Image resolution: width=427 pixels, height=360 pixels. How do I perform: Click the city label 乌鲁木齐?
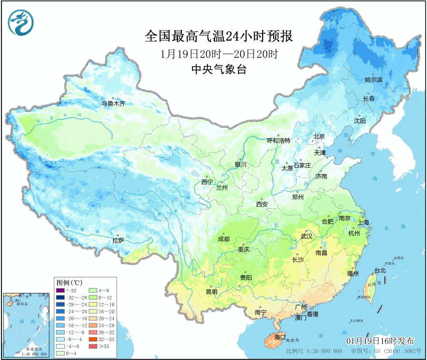coord(113,104)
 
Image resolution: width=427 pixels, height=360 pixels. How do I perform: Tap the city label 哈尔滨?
coord(373,80)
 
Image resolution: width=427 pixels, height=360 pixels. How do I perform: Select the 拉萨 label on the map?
coord(118,240)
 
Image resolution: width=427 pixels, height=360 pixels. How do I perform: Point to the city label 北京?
coord(319,136)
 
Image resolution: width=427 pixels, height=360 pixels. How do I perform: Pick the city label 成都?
coord(224,239)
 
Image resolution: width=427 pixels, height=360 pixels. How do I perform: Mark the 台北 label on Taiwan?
coord(380,271)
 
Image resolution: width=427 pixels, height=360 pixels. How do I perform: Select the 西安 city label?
coord(262,204)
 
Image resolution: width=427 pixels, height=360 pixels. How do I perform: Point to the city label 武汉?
coord(306,236)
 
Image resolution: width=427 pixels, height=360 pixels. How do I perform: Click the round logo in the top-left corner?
coord(21,23)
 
